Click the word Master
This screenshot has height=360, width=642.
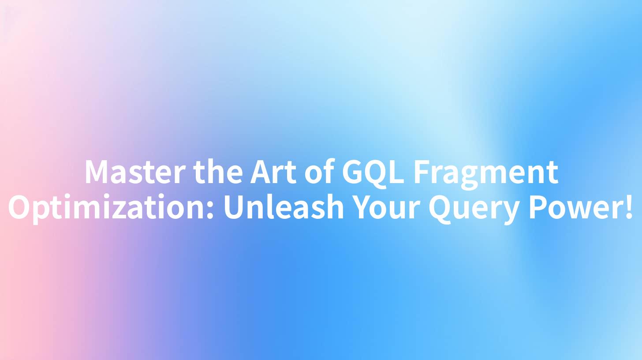pyautogui.click(x=135, y=172)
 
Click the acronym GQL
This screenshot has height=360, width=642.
pyautogui.click(x=373, y=172)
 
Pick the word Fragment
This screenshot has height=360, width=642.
pyautogui.click(x=485, y=172)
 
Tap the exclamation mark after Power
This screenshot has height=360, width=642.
pyautogui.click(x=629, y=208)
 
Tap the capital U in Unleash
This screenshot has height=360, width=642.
pyautogui.click(x=234, y=208)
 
